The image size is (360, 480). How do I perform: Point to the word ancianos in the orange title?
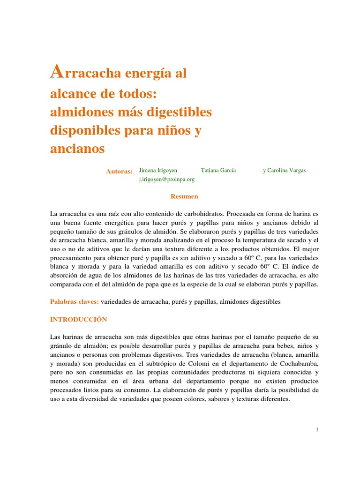coord(77,149)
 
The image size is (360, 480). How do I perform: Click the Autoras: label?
coord(119,172)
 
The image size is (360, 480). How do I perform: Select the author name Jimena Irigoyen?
coord(158,171)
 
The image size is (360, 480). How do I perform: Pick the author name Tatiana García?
coord(218,171)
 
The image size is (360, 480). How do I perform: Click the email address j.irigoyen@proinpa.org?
coord(166,179)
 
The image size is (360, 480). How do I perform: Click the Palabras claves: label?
coord(74,302)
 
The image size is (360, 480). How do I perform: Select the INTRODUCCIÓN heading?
coord(78,320)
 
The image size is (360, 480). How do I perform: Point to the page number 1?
coord(317,430)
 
